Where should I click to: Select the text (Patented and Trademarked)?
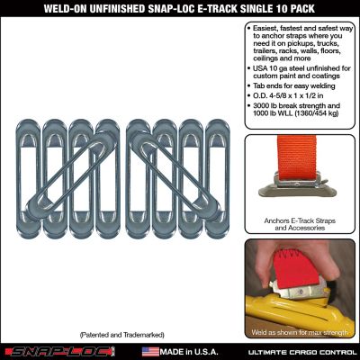point(121,333)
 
